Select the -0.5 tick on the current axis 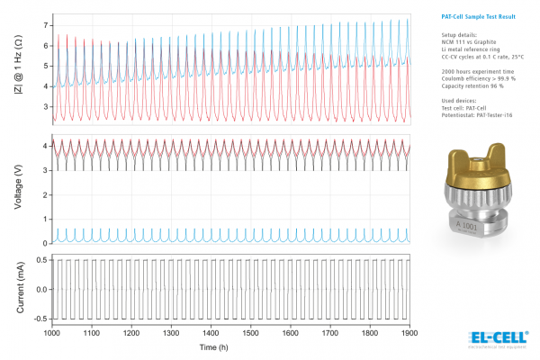37,319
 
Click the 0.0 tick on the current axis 39,290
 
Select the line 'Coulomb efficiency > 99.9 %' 468,77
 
